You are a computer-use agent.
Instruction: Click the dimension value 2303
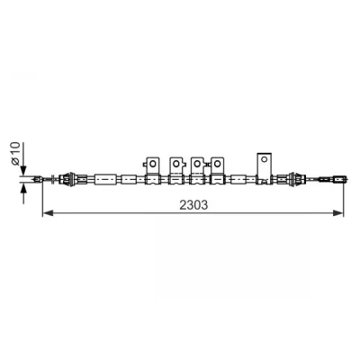pyautogui.click(x=193, y=205)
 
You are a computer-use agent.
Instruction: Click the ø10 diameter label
pyautogui.click(x=15, y=154)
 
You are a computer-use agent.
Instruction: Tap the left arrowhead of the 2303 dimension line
pyautogui.click(x=48, y=213)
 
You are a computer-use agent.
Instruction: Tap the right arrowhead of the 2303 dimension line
pyautogui.click(x=337, y=213)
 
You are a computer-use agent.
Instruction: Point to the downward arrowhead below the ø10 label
pyautogui.click(x=23, y=170)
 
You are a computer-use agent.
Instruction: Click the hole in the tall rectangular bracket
pyautogui.click(x=265, y=159)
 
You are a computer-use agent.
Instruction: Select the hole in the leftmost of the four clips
pyautogui.click(x=152, y=164)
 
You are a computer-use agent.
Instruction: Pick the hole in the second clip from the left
pyautogui.click(x=176, y=164)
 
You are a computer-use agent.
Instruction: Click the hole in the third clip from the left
pyautogui.click(x=197, y=164)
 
